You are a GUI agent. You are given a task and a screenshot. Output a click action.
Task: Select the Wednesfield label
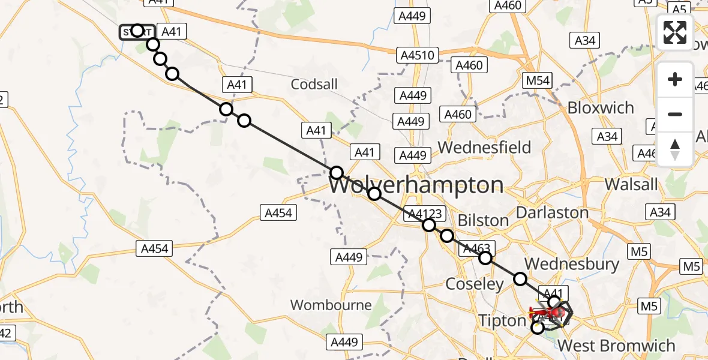(x=484, y=147)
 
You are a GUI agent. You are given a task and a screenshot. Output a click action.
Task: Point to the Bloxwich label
(x=600, y=108)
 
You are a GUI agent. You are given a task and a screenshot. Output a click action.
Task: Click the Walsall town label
(x=631, y=184)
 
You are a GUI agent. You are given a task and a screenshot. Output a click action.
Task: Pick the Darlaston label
(x=552, y=212)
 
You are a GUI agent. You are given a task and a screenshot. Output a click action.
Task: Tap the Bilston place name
(x=483, y=221)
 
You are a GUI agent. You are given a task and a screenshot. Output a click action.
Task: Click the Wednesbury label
(x=572, y=264)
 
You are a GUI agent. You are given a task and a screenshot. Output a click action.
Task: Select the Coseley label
(x=475, y=284)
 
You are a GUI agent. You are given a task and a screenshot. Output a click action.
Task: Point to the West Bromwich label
(x=616, y=346)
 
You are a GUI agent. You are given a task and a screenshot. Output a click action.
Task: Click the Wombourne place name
(x=331, y=305)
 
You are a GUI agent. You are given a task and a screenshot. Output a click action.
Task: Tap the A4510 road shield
(x=417, y=55)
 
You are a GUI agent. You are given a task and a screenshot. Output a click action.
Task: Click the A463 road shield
(x=477, y=249)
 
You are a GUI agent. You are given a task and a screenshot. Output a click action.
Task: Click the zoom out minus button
(x=675, y=114)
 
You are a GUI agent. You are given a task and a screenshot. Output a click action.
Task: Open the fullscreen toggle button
(x=675, y=32)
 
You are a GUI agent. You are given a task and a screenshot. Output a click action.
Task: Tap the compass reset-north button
(x=675, y=149)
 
